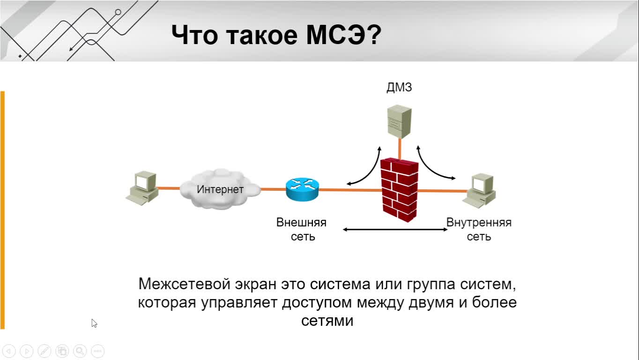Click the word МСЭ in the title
(335, 35)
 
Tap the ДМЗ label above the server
(399, 87)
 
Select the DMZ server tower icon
(399, 121)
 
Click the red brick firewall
(399, 190)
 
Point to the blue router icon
(302, 189)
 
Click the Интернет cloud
(220, 189)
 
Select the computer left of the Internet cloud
(142, 187)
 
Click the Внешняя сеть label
(302, 230)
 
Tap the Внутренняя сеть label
(479, 230)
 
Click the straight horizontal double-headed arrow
(395, 230)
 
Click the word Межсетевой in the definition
(184, 284)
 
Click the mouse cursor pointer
(94, 323)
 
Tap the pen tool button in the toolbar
(45, 351)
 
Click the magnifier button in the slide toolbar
(80, 351)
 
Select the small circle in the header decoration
(118, 12)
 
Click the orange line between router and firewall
(350, 190)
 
